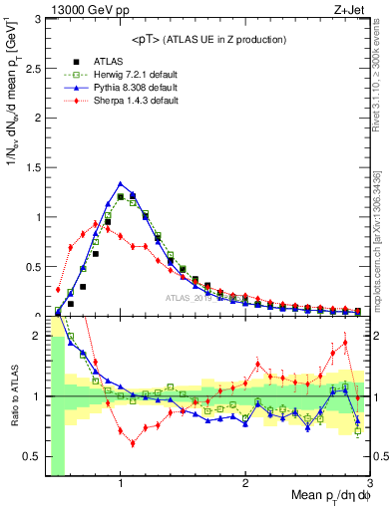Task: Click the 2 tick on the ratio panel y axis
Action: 38,336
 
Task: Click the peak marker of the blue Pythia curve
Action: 121,183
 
